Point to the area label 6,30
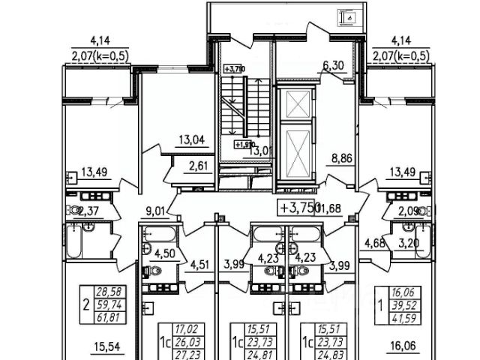pyautogui.click(x=333, y=67)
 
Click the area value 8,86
pyautogui.click(x=341, y=158)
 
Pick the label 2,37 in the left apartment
pyautogui.click(x=89, y=210)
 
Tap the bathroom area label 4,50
pyautogui.click(x=165, y=252)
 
